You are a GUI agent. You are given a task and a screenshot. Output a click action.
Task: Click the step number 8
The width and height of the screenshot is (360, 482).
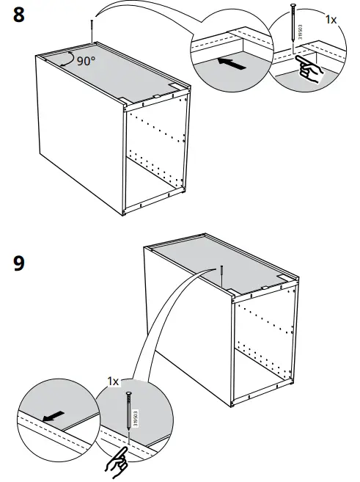point(23,15)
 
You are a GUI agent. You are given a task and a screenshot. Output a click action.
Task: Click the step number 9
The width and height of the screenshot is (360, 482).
point(23,263)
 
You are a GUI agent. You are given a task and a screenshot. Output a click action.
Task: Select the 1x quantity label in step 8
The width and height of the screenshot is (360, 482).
point(331,19)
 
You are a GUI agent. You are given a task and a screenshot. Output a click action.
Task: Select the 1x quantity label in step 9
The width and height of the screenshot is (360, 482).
point(113,381)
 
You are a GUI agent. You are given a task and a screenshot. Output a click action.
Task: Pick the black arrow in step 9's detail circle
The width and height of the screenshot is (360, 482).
point(51,417)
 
